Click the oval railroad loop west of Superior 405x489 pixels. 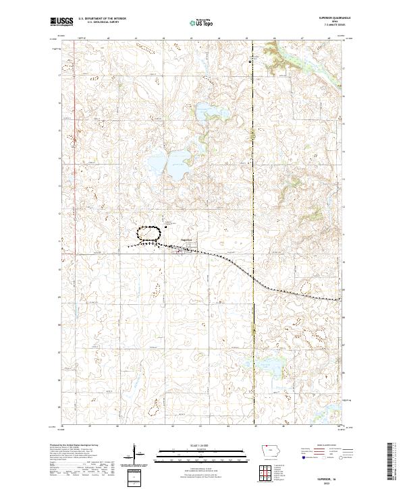pyautogui.click(x=148, y=233)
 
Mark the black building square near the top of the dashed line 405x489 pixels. pyautogui.click(x=250, y=61)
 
